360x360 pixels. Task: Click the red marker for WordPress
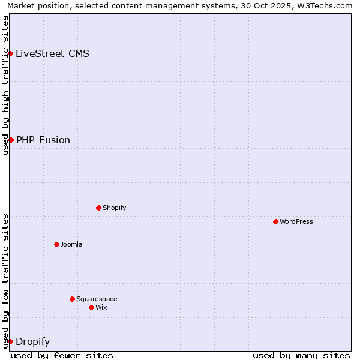coord(275,221)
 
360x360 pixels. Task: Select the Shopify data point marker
coord(98,208)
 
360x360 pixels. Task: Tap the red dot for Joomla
coord(56,244)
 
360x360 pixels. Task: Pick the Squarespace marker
coord(72,299)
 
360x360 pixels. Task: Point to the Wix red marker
coord(91,307)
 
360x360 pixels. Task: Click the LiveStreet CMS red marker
coord(11,53)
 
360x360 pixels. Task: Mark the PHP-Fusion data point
coord(11,140)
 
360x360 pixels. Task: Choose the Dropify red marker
coord(11,341)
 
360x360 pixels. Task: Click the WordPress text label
coord(296,221)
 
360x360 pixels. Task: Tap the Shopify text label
coord(115,208)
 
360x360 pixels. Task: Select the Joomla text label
coord(71,244)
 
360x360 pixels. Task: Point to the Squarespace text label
coord(97,299)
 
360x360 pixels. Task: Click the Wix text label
coord(101,307)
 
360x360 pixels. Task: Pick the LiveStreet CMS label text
coord(52,53)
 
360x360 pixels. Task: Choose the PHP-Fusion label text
coord(43,140)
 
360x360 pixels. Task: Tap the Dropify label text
coord(32,341)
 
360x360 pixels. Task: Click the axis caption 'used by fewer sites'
coord(62,355)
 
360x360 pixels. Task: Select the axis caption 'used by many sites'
coord(301,355)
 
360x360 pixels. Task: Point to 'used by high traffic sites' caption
coord(5,85)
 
